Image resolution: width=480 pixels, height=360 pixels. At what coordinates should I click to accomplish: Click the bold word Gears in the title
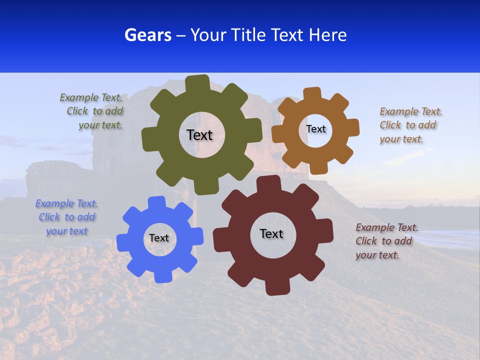pos(148,35)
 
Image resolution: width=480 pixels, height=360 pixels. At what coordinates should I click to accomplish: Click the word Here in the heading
pos(327,35)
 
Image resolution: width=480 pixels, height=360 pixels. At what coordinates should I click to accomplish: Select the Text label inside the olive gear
pos(199,135)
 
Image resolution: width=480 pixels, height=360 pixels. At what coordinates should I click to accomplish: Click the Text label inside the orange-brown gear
pos(315,129)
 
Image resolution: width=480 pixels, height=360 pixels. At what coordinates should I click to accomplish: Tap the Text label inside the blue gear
pos(159,238)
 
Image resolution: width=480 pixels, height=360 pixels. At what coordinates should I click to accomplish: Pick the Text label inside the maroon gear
pos(271,233)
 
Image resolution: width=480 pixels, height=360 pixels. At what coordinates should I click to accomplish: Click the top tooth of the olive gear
pos(197,83)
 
